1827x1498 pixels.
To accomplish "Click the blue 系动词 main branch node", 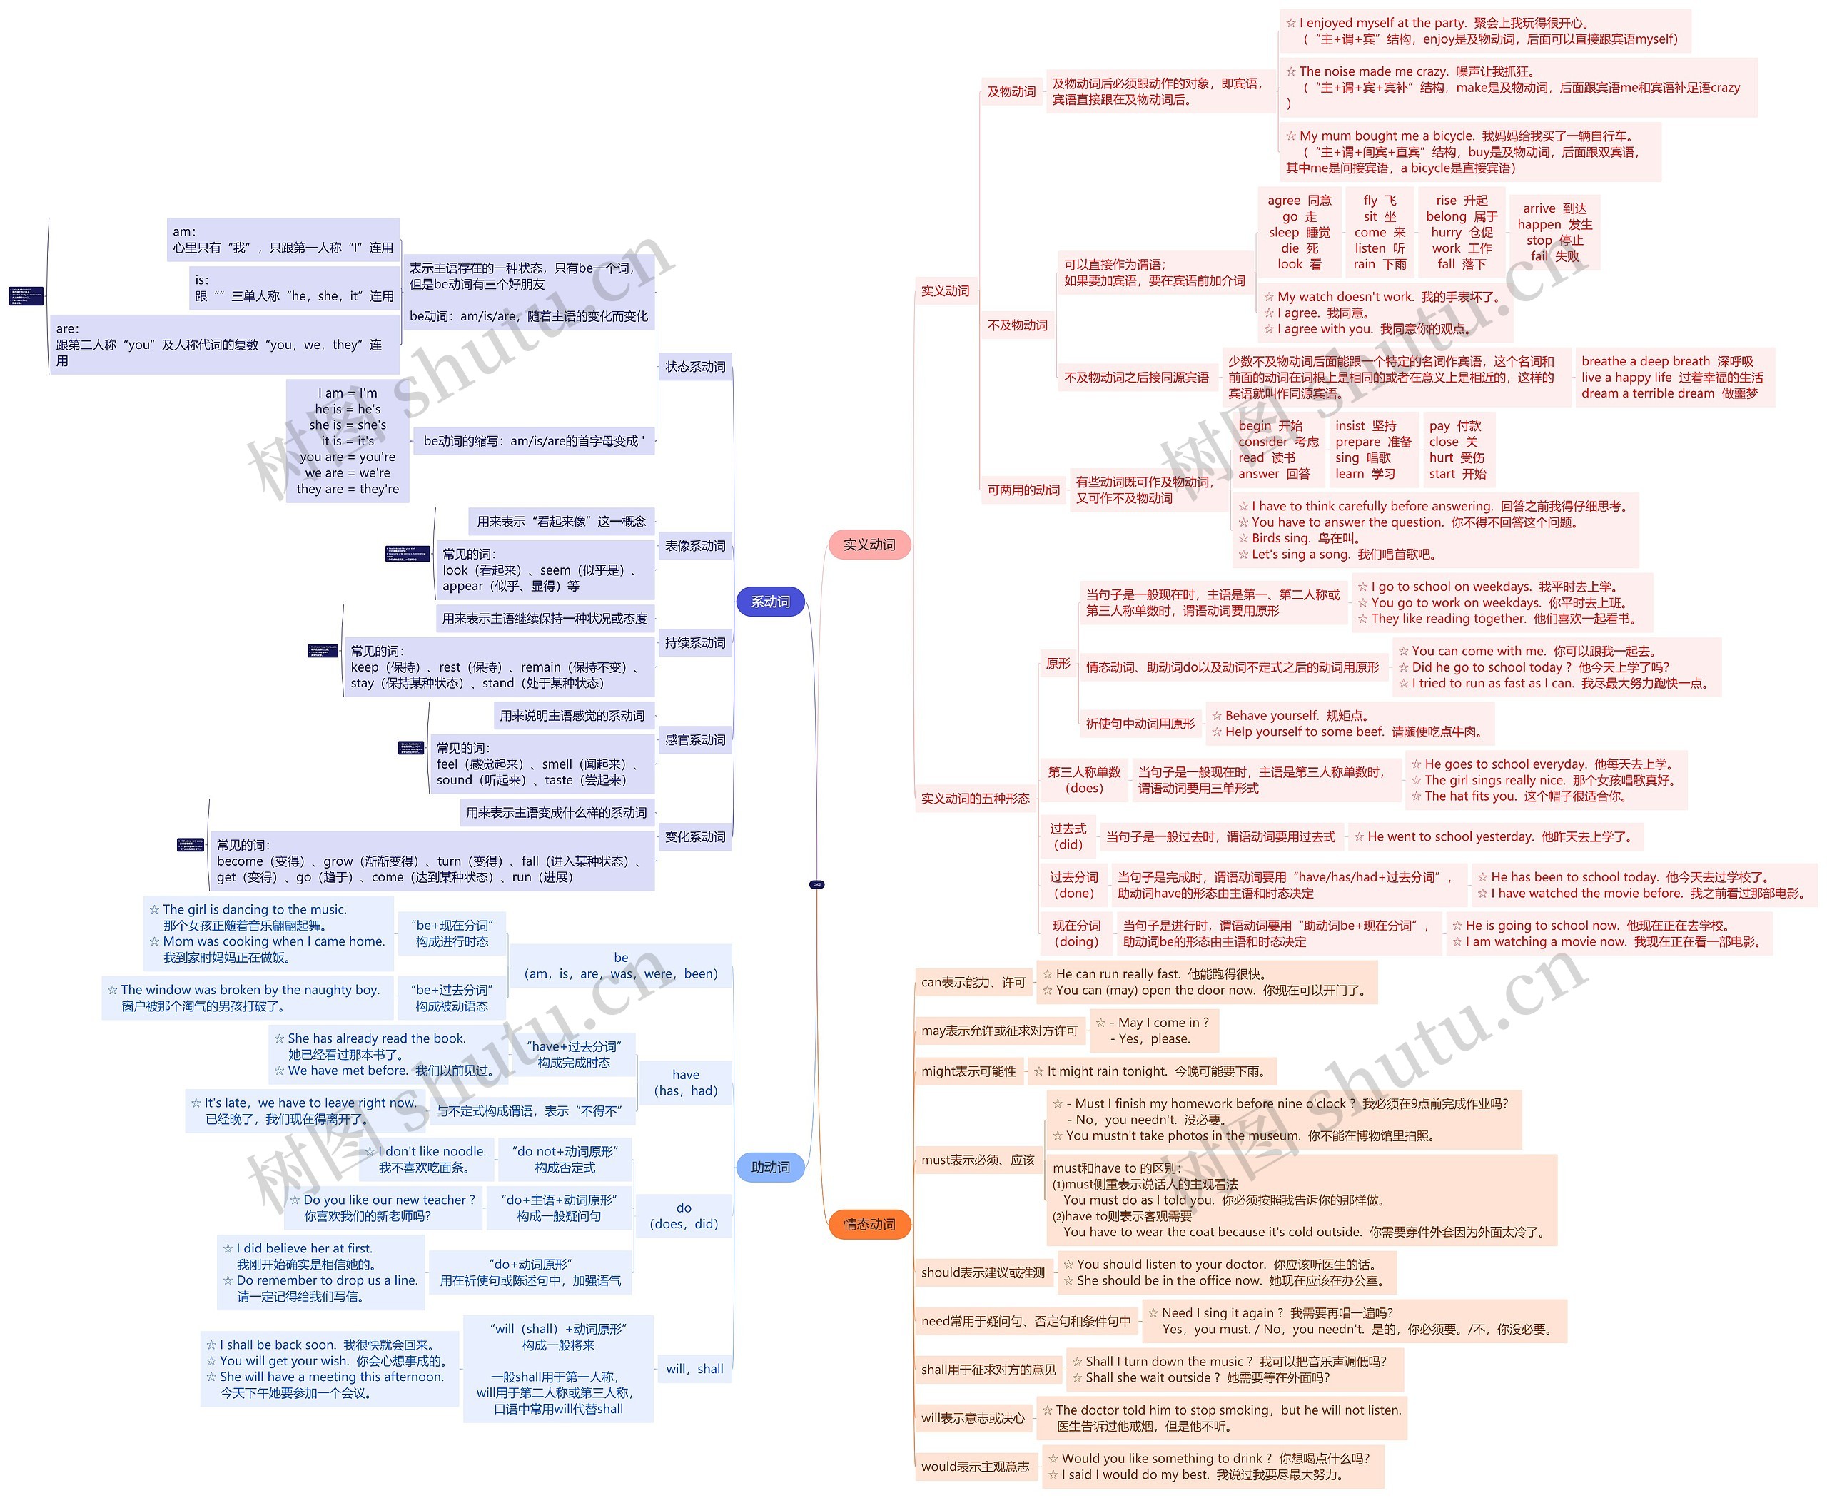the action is pyautogui.click(x=770, y=602).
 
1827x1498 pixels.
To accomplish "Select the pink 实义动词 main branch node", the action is pyautogui.click(x=869, y=545).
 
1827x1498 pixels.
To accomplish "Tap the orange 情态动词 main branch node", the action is pyautogui.click(x=869, y=1224).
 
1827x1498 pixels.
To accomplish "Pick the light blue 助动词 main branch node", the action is pyautogui.click(x=770, y=1167).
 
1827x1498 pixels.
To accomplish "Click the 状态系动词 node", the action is pyautogui.click(x=694, y=367).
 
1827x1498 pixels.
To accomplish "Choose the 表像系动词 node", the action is pyautogui.click(x=694, y=545).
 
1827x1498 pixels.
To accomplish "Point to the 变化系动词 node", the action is pyautogui.click(x=694, y=836).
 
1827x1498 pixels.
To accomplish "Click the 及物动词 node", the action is pyautogui.click(x=1011, y=91).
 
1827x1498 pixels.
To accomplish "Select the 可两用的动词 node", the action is pyautogui.click(x=1023, y=490).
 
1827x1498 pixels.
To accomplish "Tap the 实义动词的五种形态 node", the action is pyautogui.click(x=975, y=798).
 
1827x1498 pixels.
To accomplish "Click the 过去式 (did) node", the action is pyautogui.click(x=1068, y=836).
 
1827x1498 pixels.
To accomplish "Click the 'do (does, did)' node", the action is pyautogui.click(x=684, y=1215).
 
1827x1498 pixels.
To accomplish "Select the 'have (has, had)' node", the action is pyautogui.click(x=685, y=1082).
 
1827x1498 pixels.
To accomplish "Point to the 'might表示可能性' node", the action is pyautogui.click(x=968, y=1071).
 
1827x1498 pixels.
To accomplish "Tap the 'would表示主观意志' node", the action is pyautogui.click(x=975, y=1466).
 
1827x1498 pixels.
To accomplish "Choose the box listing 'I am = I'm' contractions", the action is pyautogui.click(x=348, y=441).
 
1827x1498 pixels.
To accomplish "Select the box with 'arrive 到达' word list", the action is pyautogui.click(x=1554, y=232).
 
